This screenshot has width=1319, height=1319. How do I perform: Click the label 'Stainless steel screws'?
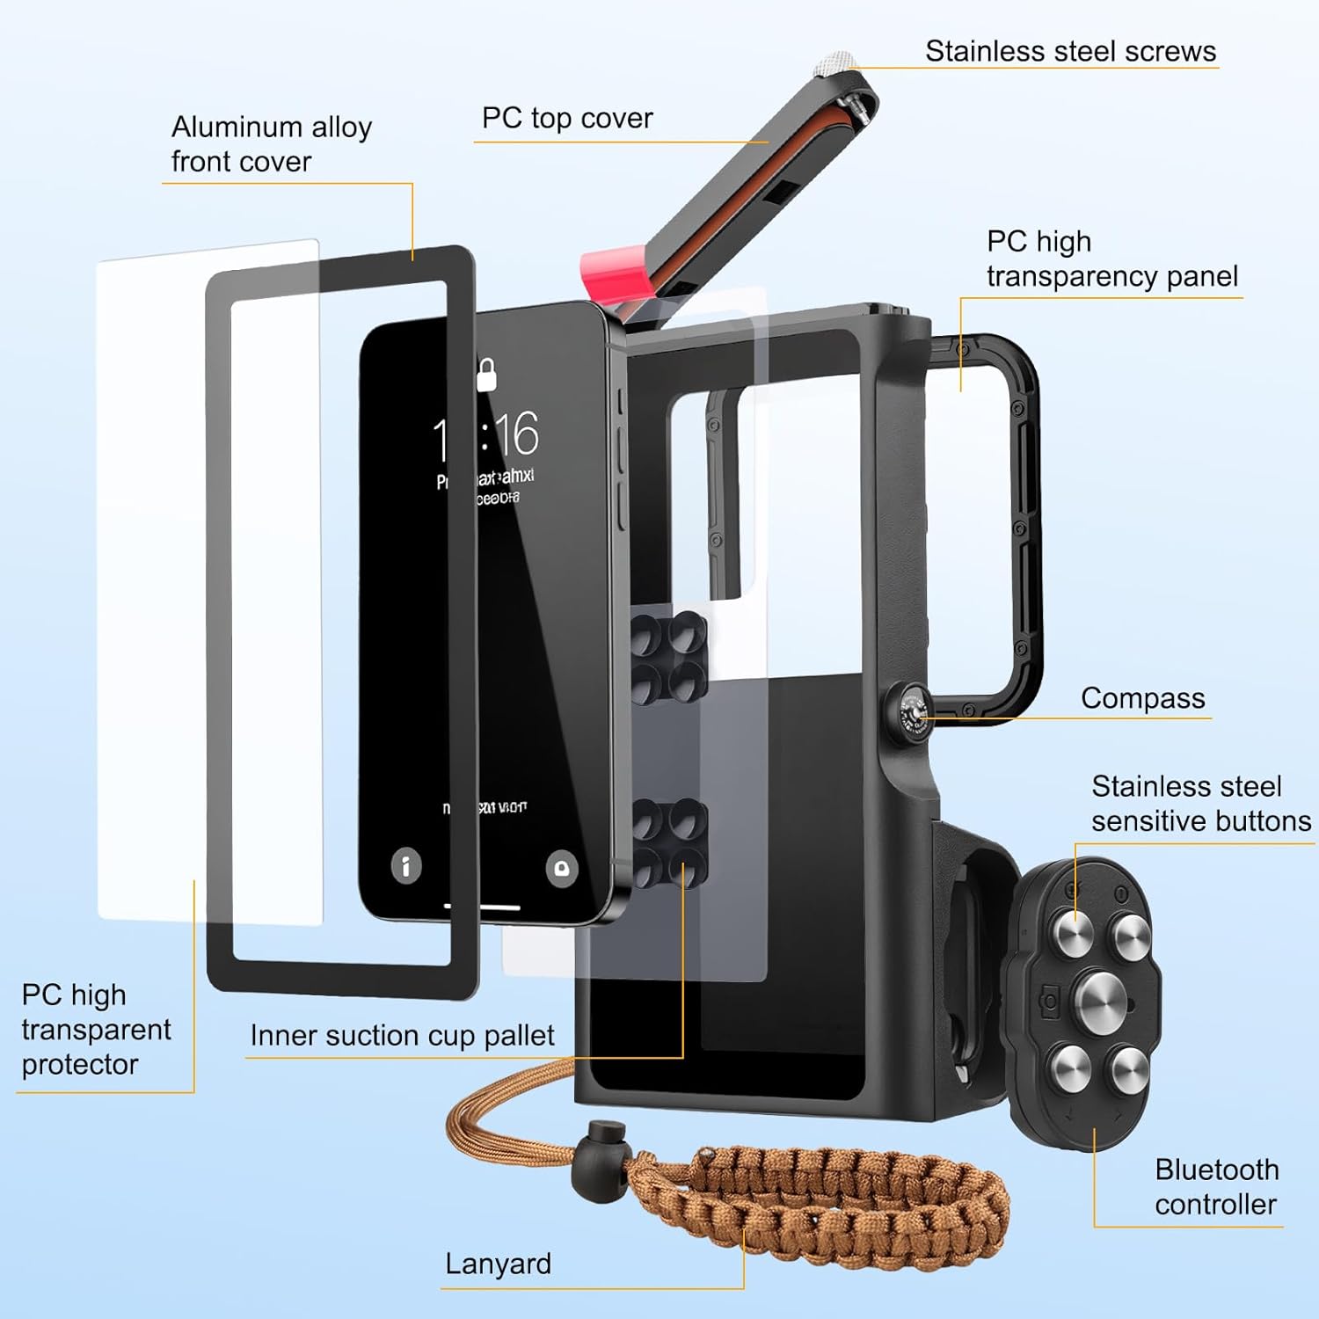1070,51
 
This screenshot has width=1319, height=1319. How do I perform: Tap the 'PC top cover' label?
567,118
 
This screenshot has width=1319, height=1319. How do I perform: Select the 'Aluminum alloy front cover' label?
271,144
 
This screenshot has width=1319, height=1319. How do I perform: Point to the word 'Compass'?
1142,698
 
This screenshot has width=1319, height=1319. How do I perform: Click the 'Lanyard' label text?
498,1264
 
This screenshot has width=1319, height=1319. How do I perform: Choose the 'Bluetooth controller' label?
1216,1187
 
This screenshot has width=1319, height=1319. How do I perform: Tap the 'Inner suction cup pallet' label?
402,1035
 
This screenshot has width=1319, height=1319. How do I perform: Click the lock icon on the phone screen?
486,375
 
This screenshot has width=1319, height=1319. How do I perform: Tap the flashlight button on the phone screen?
405,866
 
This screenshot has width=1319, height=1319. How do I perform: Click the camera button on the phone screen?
561,868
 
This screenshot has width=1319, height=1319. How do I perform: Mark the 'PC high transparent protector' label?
96,1030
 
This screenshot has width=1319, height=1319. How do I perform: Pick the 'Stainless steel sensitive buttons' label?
1200,804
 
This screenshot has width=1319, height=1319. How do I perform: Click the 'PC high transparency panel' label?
1111,259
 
